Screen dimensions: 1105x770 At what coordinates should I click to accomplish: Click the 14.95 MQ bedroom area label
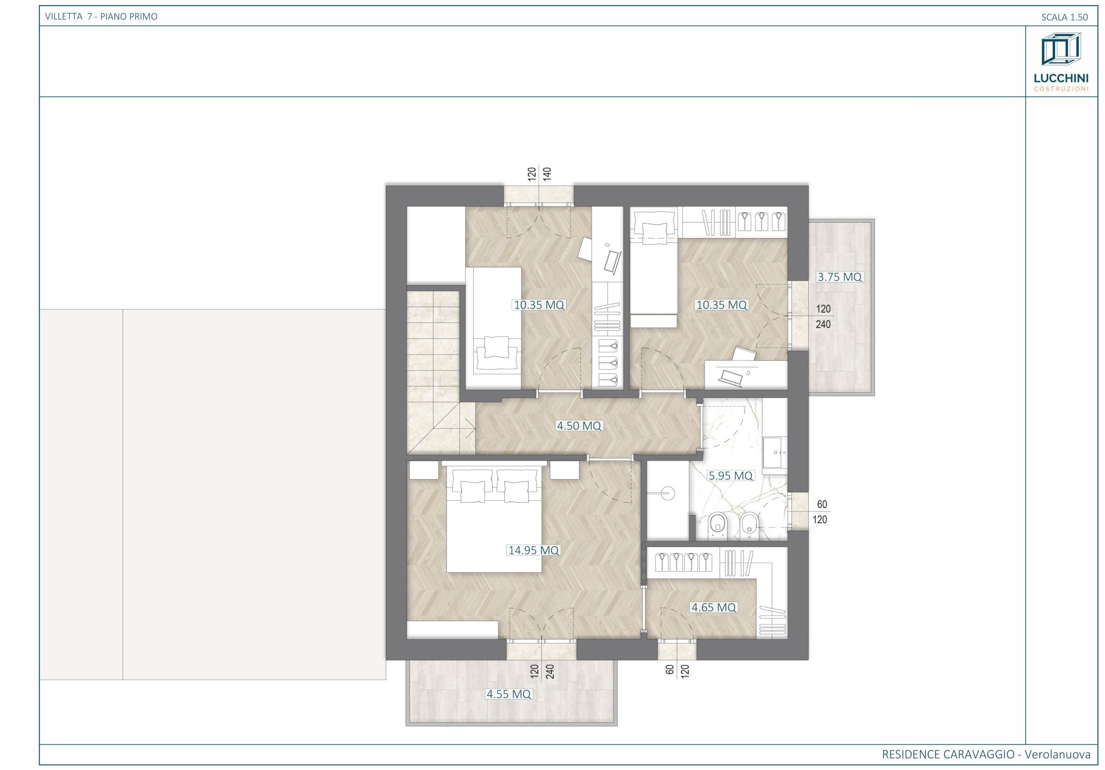pos(534,550)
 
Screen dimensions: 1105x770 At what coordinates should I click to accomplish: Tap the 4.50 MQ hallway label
pos(579,426)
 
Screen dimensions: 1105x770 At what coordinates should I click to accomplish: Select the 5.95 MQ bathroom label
pos(730,476)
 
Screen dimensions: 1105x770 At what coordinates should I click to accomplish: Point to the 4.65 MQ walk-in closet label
pos(714,608)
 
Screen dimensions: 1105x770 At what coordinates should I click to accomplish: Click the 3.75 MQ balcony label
pos(839,277)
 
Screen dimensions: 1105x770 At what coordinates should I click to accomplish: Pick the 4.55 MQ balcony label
pos(509,694)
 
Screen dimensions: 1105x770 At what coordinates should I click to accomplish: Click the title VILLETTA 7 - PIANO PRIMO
pos(101,17)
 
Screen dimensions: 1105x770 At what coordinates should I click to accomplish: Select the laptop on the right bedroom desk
pos(731,376)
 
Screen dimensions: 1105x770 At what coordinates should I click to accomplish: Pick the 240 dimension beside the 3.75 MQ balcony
pos(824,325)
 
